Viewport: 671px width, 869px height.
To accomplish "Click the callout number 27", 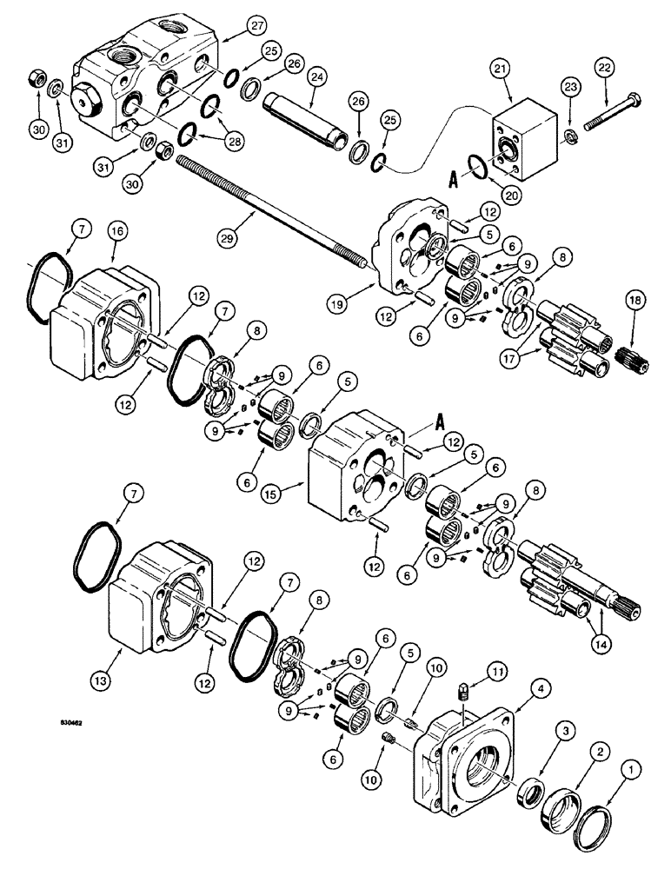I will pyautogui.click(x=229, y=27).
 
